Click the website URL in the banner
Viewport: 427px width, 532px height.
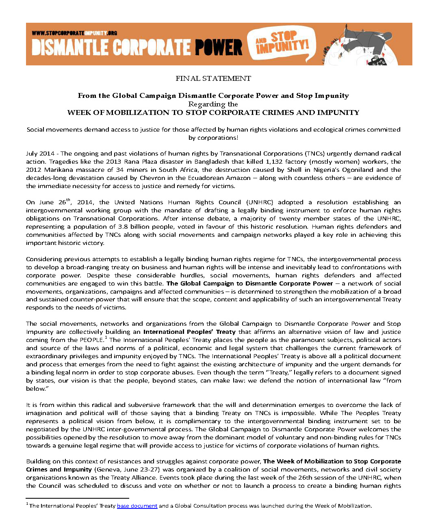74,32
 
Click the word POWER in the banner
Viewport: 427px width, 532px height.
218,47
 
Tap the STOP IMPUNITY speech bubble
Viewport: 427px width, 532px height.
282,41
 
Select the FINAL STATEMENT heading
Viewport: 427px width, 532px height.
213,78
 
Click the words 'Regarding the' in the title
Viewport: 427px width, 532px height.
213,104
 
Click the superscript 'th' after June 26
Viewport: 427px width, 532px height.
68,199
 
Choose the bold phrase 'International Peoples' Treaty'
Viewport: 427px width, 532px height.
189,332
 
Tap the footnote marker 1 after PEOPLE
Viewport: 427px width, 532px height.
106,337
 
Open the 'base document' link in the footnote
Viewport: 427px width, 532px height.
137,506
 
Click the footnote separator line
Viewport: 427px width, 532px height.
77,498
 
